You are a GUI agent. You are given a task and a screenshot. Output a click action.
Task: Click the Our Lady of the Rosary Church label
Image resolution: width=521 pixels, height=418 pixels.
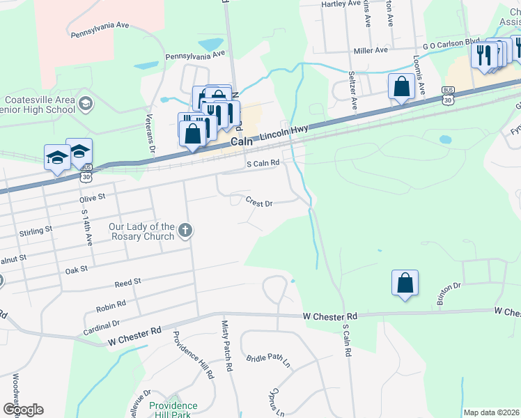coord(141,231)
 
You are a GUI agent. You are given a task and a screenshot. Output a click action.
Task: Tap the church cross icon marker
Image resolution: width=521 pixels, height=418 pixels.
coord(185,229)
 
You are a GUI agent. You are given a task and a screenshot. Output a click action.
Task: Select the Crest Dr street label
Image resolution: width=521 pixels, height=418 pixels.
coord(258,203)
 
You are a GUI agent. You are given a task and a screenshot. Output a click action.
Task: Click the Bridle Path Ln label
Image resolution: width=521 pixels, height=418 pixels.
coord(268,360)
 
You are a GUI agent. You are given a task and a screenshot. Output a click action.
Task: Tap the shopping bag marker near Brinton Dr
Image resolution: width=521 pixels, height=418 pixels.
coord(405,284)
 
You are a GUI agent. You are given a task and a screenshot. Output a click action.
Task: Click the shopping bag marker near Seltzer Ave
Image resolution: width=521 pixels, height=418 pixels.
coord(401,88)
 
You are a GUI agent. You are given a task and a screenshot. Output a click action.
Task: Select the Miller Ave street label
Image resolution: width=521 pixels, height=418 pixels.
coord(371,51)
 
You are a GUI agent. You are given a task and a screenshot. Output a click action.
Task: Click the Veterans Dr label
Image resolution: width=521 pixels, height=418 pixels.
coord(150,135)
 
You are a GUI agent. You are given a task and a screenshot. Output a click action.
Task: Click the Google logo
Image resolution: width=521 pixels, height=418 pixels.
coord(22,410)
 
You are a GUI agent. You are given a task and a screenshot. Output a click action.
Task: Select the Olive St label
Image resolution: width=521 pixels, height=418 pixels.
coord(92,197)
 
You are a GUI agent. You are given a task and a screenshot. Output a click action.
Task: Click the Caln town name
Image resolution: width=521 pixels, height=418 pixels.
coord(242,141)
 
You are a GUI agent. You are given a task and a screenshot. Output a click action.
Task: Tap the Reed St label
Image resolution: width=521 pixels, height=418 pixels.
coord(128,281)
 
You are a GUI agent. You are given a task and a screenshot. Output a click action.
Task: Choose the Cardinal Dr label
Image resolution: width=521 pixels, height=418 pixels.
coord(102,325)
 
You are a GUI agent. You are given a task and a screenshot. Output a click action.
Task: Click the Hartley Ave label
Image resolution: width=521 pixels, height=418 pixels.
coord(340,4)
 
